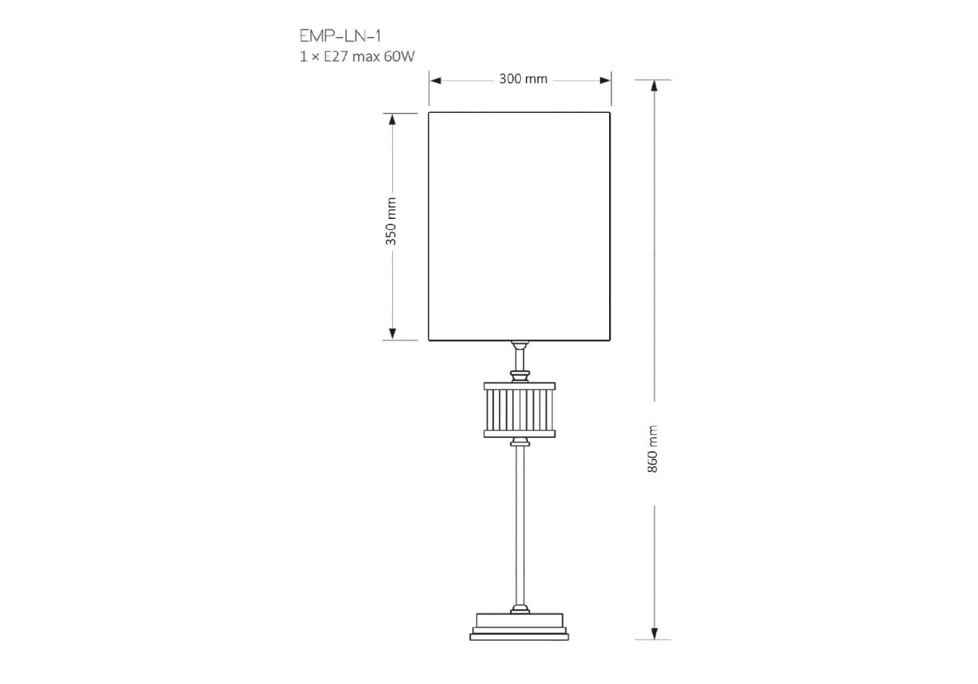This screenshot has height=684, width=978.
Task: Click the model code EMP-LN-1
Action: (x=340, y=36)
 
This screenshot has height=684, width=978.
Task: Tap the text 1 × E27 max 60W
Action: (x=357, y=57)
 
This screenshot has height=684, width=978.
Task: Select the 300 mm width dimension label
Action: (x=523, y=79)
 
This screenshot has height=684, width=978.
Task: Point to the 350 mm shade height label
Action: (x=391, y=221)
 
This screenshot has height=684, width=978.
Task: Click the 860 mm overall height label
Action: (x=652, y=449)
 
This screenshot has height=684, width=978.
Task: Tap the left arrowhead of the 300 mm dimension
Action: (x=435, y=81)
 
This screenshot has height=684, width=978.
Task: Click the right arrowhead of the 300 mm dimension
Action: (x=605, y=81)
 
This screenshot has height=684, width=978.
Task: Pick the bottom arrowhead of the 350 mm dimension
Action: (x=392, y=334)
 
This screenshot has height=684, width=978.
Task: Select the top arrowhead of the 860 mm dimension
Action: (x=654, y=86)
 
